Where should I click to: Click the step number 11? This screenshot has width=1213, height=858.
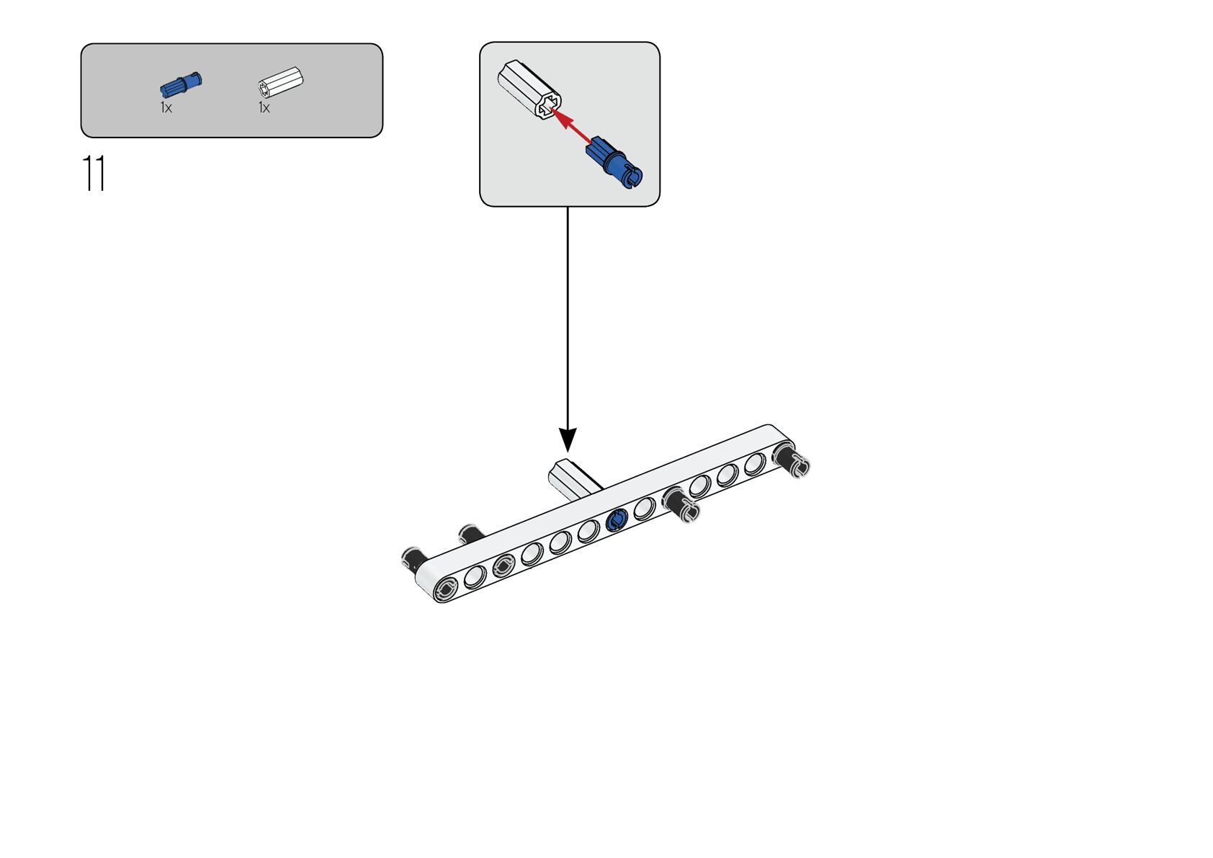(x=94, y=173)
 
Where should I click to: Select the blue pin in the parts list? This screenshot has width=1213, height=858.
(x=181, y=84)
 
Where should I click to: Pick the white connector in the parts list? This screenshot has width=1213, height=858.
(x=281, y=83)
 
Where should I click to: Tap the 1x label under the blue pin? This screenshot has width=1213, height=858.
(x=166, y=108)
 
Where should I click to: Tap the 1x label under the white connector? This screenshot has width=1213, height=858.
(x=264, y=108)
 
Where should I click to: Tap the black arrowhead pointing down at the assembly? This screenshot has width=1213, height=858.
(x=568, y=439)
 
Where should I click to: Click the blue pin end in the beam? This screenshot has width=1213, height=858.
(x=617, y=521)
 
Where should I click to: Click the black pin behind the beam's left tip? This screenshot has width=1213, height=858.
(x=413, y=558)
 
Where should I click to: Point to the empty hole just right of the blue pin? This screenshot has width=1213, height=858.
(x=644, y=509)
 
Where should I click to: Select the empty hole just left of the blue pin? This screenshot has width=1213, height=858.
(x=588, y=532)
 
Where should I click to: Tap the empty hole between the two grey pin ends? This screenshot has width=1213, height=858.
(x=475, y=577)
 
